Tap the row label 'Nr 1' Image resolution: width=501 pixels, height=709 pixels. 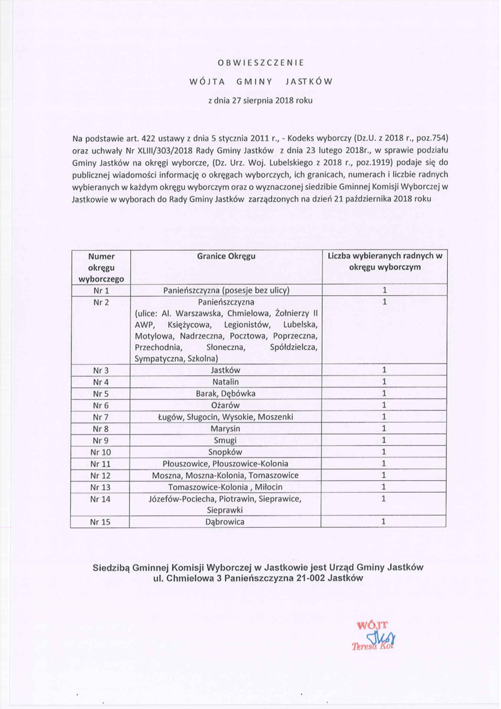point(101,290)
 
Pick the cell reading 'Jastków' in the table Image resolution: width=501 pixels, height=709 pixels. point(226,370)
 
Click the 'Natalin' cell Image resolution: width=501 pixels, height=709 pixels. point(226,382)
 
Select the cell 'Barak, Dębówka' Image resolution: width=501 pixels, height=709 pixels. point(226,394)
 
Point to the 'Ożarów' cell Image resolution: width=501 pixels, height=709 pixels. point(226,406)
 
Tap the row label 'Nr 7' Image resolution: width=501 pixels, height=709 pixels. point(101,417)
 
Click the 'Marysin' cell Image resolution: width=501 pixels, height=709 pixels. point(226,429)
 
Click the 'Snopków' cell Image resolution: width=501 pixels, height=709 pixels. point(226,452)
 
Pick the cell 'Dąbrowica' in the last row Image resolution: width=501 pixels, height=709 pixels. point(226,522)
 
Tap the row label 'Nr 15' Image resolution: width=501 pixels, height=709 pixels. point(101,522)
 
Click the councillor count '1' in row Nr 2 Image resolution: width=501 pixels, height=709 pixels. point(385,302)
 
